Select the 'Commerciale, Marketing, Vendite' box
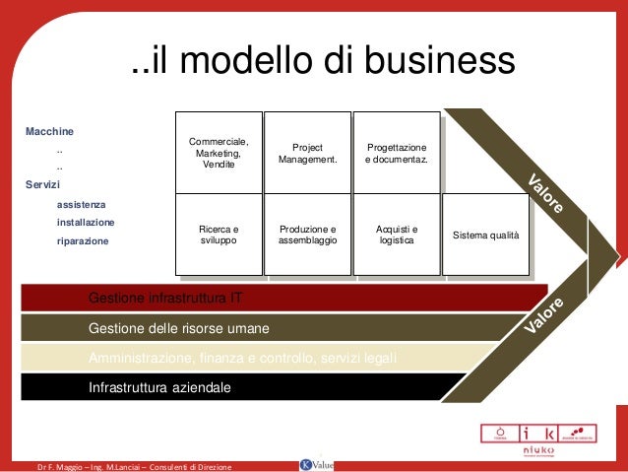[218, 152]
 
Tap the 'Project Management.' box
[308, 152]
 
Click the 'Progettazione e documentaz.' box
[396, 152]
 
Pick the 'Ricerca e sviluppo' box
[218, 234]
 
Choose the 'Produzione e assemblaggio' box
[308, 234]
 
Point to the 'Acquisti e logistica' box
[396, 234]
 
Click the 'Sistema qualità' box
[485, 235]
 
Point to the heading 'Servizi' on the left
[42, 185]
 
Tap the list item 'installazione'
[86, 222]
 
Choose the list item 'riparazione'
[83, 240]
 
